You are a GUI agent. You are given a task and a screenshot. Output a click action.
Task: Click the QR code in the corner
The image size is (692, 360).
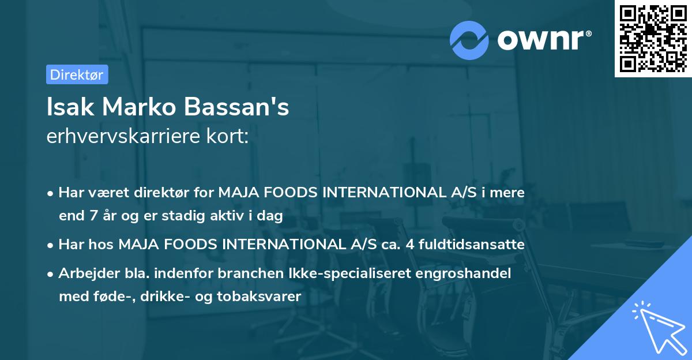point(653,39)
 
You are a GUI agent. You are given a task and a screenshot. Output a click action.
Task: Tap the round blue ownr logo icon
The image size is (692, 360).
point(469,40)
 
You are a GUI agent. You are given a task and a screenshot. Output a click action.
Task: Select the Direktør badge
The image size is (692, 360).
point(77,74)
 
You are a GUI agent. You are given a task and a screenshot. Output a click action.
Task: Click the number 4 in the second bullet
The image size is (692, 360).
point(410,245)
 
